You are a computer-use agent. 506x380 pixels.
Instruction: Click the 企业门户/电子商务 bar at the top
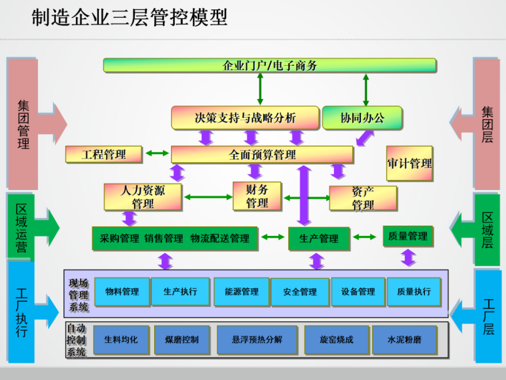click(x=270, y=65)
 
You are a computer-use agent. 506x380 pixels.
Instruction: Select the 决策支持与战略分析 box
click(x=245, y=118)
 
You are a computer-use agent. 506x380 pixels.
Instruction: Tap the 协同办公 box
click(x=362, y=118)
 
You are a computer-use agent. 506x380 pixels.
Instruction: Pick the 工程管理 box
click(x=104, y=154)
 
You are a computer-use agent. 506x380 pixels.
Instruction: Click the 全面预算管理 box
click(x=262, y=154)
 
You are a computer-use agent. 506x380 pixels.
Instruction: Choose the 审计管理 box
click(x=410, y=163)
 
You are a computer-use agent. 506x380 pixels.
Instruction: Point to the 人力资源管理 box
click(x=143, y=197)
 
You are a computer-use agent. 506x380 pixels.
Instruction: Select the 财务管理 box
click(x=257, y=196)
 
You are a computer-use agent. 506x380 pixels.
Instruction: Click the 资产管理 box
click(x=363, y=198)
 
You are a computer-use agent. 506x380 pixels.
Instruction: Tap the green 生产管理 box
click(x=319, y=238)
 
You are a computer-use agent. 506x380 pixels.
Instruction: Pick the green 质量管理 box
click(x=408, y=236)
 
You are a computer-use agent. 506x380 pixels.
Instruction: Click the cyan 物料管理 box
click(x=122, y=291)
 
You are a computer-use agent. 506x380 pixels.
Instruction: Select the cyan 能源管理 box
click(x=241, y=291)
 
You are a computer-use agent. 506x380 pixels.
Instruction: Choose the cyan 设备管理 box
click(x=358, y=291)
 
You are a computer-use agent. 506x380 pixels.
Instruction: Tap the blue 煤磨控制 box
click(x=182, y=339)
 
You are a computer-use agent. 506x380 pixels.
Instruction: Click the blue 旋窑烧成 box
click(x=337, y=339)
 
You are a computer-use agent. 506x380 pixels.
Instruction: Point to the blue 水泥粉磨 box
click(x=405, y=339)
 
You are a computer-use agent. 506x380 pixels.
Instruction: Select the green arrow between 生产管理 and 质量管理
click(x=365, y=237)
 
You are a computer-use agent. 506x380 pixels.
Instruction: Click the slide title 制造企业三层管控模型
click(x=129, y=17)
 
